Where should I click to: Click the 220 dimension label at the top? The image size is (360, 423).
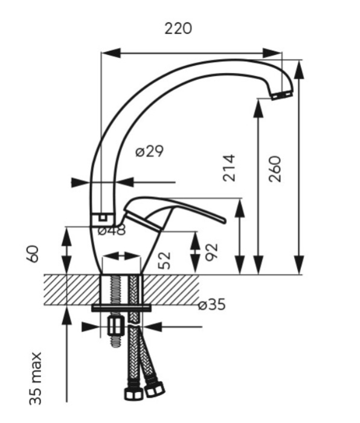[178, 28]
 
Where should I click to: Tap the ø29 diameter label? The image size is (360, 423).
[149, 151]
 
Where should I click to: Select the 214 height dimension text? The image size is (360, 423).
[229, 168]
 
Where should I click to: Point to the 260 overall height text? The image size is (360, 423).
[275, 169]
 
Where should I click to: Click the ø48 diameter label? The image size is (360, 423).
[112, 230]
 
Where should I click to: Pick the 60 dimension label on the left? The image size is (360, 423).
[33, 254]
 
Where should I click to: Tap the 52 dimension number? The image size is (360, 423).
[164, 260]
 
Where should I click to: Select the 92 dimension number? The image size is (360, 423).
[211, 252]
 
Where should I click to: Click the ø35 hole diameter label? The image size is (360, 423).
[211, 305]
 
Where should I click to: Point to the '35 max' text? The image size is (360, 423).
[35, 378]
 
